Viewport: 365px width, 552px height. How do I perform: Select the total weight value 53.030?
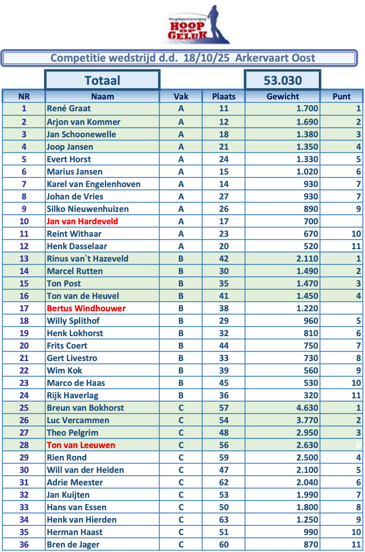[283, 80]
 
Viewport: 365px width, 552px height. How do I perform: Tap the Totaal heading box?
[102, 80]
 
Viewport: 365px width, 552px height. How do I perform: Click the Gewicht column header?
[283, 96]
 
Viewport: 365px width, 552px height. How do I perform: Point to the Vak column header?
[181, 96]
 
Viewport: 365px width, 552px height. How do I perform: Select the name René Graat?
[69, 108]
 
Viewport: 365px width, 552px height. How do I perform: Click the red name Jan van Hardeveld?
[82, 221]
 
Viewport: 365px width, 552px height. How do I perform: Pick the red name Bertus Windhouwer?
[86, 308]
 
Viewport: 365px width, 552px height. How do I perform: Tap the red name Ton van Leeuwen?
[81, 445]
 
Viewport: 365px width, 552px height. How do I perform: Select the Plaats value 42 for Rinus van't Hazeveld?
[223, 259]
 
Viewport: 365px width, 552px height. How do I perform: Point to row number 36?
[24, 545]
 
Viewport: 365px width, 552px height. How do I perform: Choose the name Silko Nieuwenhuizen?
[87, 209]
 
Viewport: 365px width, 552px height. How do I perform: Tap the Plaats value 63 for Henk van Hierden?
[223, 520]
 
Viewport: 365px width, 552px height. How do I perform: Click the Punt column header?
[342, 96]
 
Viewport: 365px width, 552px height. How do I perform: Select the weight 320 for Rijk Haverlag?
[311, 395]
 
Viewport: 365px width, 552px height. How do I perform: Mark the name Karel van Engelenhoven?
[94, 184]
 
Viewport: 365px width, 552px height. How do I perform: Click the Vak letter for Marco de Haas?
[181, 383]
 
